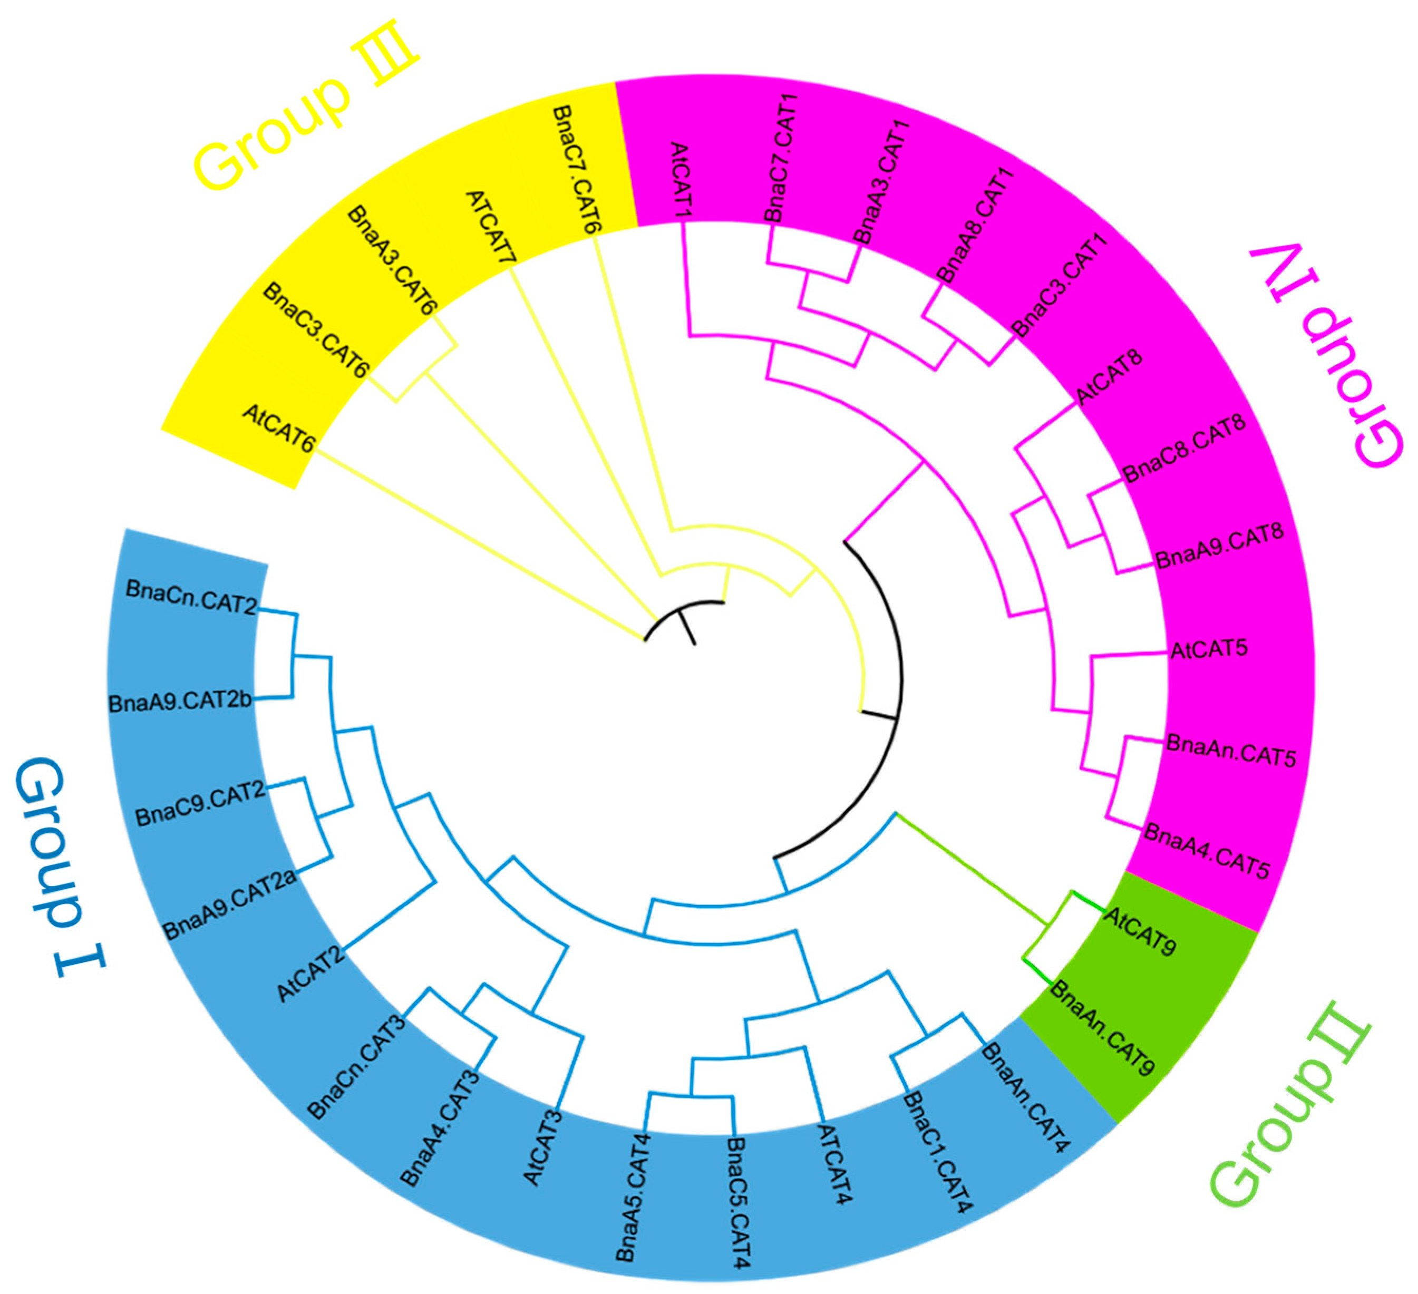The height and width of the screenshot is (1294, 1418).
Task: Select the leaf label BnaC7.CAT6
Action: pyautogui.click(x=577, y=170)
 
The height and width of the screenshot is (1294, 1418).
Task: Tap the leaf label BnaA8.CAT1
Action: pyautogui.click(x=975, y=225)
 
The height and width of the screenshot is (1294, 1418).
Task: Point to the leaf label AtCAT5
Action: pyautogui.click(x=1208, y=648)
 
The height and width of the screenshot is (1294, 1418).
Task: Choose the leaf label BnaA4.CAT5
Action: pyautogui.click(x=1206, y=851)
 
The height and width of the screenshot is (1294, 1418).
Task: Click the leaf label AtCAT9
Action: pyautogui.click(x=1140, y=932)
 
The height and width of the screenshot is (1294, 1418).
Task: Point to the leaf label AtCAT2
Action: pyautogui.click(x=310, y=974)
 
